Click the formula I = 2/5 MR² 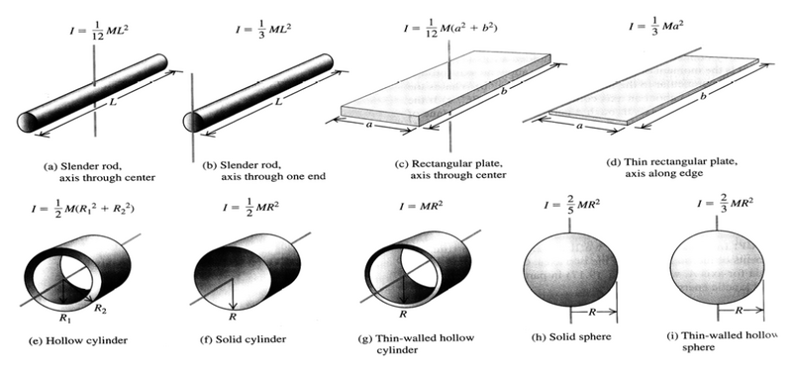click(x=570, y=208)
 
